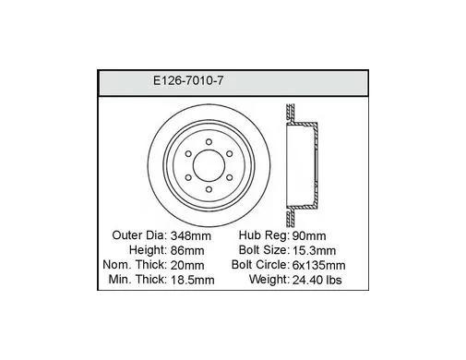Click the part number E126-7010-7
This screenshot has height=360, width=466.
point(188,81)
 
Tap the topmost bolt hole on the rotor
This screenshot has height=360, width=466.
point(209,142)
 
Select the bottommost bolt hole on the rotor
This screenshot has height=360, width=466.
point(209,189)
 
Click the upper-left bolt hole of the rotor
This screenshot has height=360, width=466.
point(188,153)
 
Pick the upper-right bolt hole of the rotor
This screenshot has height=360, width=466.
point(230,153)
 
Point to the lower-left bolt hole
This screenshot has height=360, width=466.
point(188,177)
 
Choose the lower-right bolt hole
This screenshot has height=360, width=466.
point(230,177)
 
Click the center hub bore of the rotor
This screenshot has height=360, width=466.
point(209,165)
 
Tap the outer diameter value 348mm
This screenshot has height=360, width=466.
point(191,236)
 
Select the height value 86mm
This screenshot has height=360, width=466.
point(187,250)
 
